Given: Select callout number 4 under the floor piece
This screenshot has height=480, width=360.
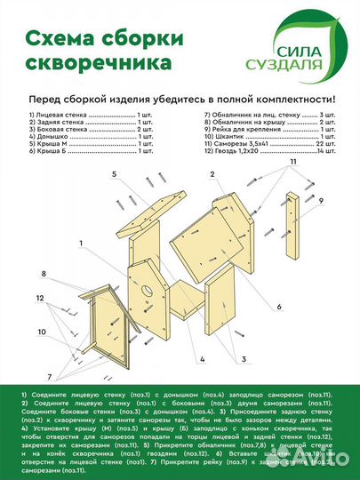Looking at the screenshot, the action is click(x=203, y=358).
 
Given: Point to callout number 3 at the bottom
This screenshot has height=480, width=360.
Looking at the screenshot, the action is click(x=242, y=358).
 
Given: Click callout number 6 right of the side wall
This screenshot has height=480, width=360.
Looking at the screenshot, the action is click(x=278, y=307).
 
